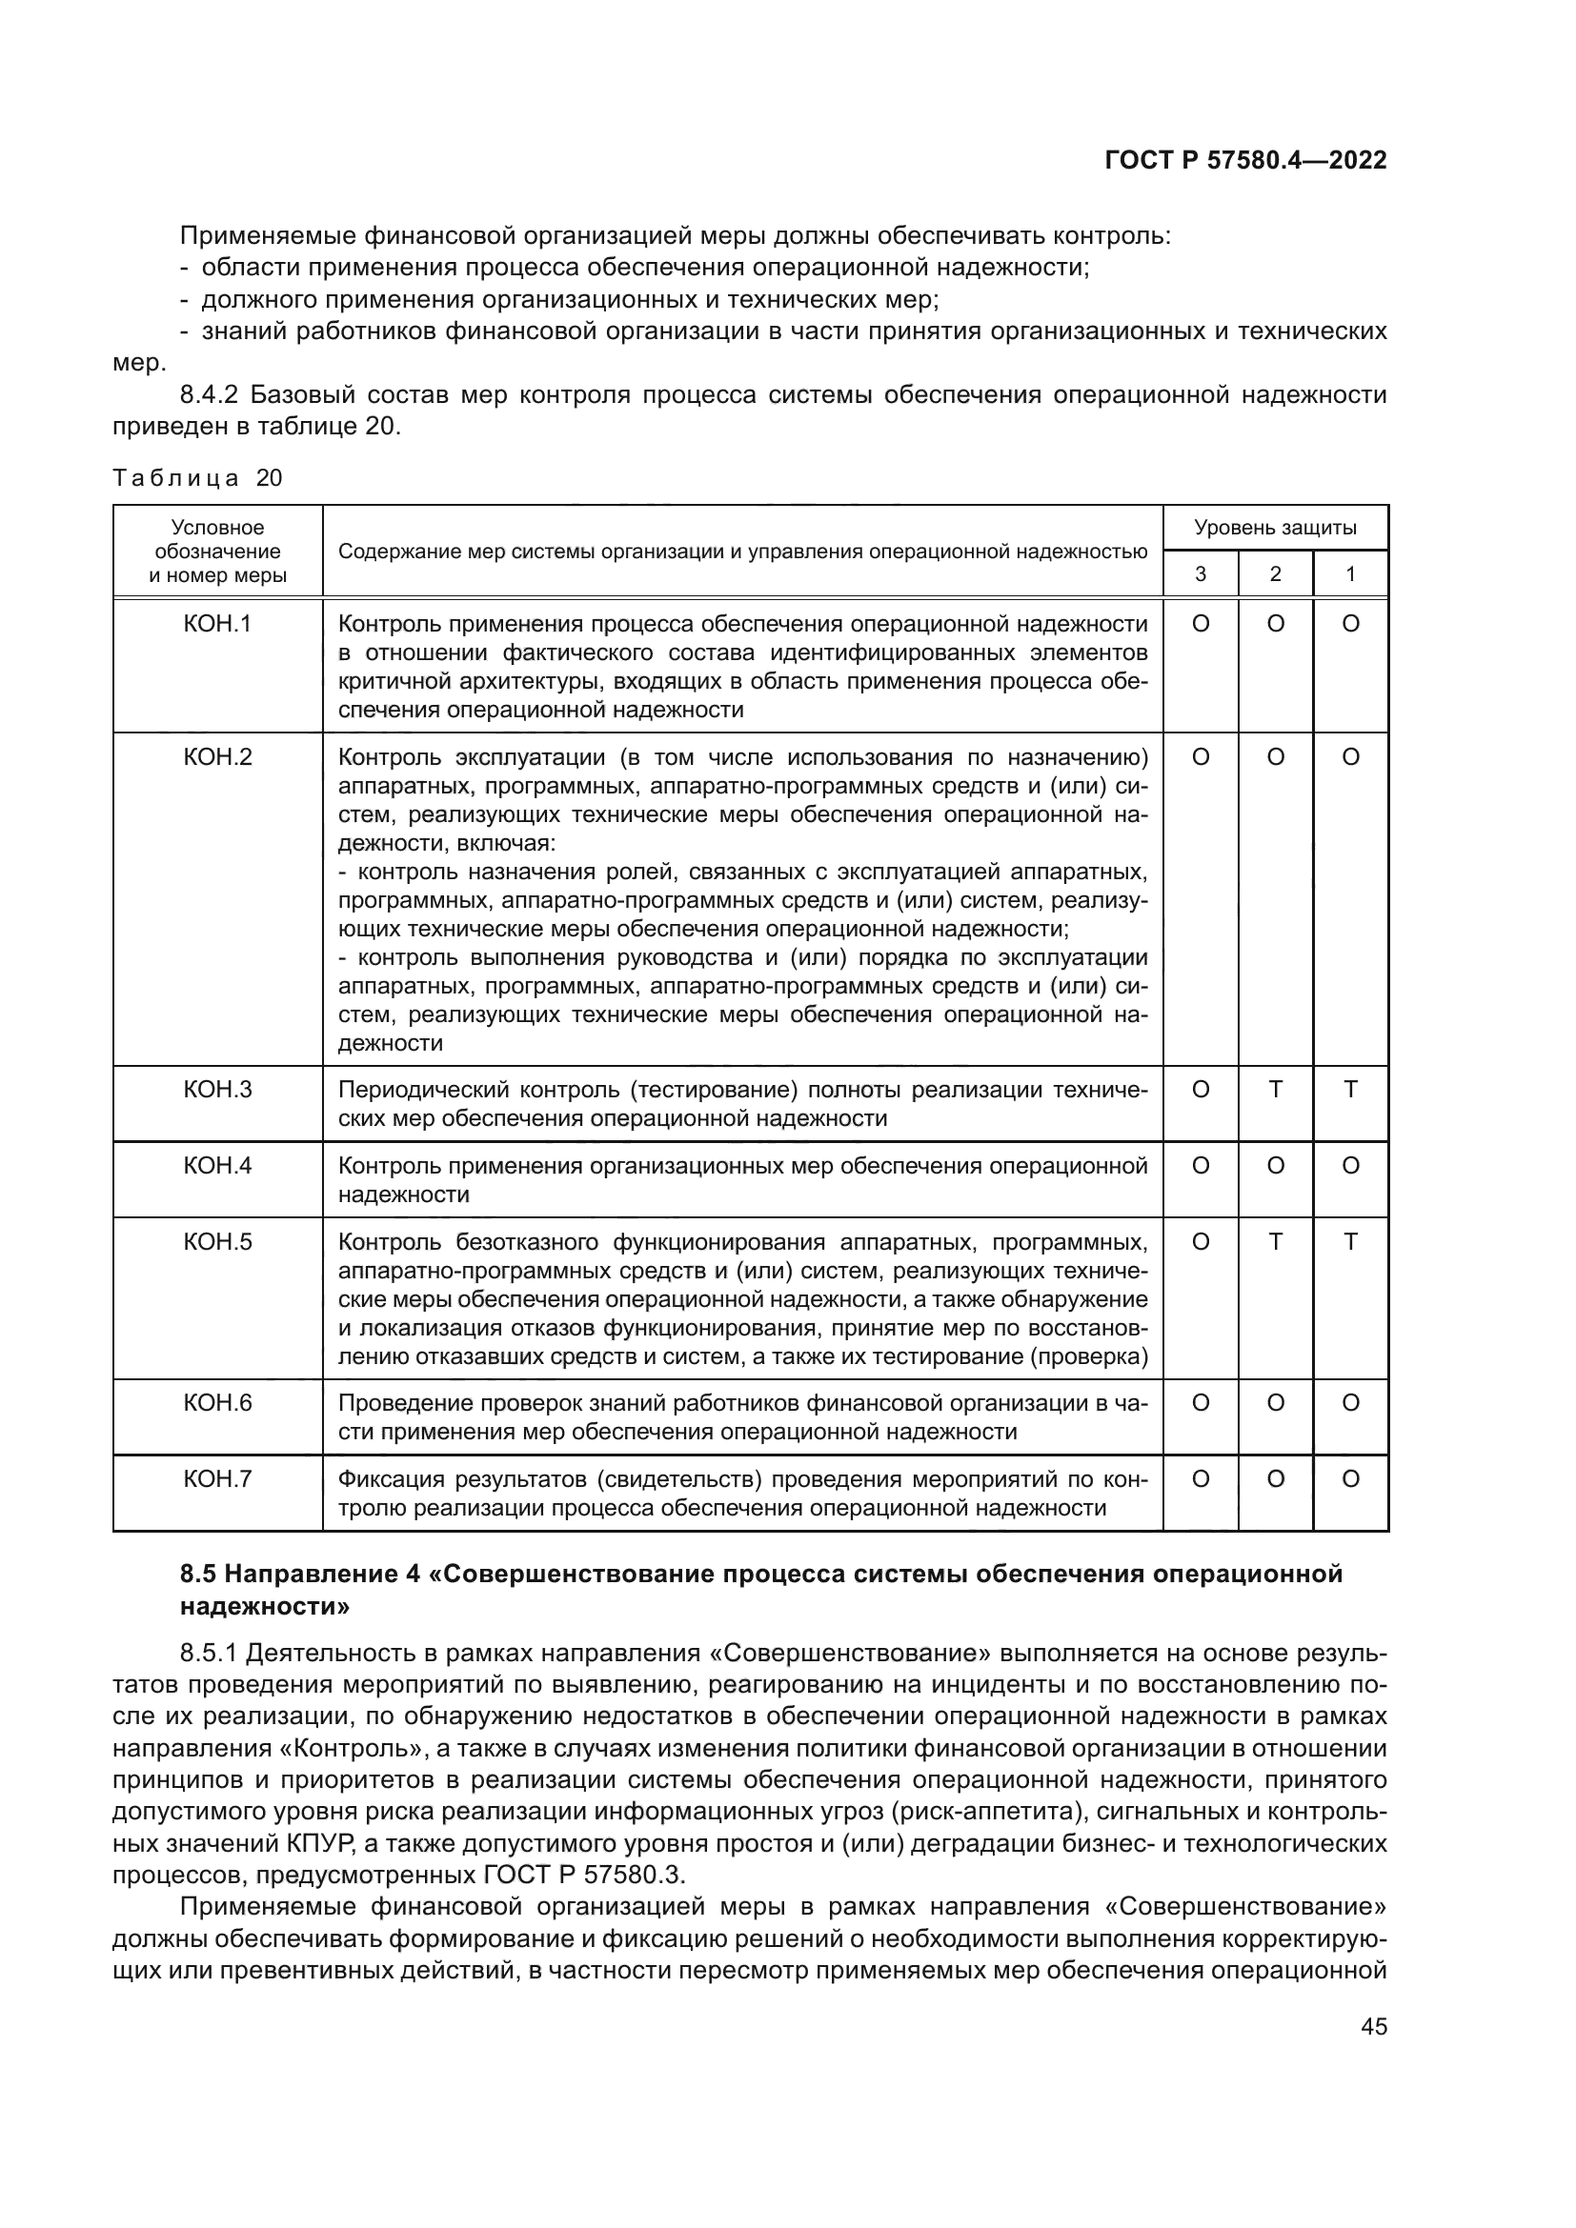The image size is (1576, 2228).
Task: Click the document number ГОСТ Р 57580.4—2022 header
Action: pyautogui.click(x=1245, y=161)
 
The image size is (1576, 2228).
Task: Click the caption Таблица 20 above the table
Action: pyautogui.click(x=197, y=477)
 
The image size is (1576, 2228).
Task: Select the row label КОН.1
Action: pyautogui.click(x=217, y=624)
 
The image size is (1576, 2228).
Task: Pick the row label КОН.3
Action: pyautogui.click(x=217, y=1090)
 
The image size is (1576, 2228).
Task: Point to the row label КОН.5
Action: pyautogui.click(x=217, y=1242)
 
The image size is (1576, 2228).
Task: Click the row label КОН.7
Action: pyautogui.click(x=217, y=1479)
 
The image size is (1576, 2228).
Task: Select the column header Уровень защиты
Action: pyautogui.click(x=1274, y=528)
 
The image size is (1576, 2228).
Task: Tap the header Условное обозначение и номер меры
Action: pyautogui.click(x=217, y=552)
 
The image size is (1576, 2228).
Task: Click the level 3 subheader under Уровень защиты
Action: pyautogui.click(x=1201, y=574)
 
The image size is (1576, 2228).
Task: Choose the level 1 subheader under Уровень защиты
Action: pyautogui.click(x=1350, y=574)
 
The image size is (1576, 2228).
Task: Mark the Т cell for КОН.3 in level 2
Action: pyautogui.click(x=1275, y=1090)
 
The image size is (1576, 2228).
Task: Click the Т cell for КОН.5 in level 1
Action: pyautogui.click(x=1350, y=1242)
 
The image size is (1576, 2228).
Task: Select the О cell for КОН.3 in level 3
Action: pyautogui.click(x=1201, y=1090)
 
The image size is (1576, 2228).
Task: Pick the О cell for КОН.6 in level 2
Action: pyautogui.click(x=1275, y=1403)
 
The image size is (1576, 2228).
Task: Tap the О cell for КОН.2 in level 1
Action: pyautogui.click(x=1350, y=757)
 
